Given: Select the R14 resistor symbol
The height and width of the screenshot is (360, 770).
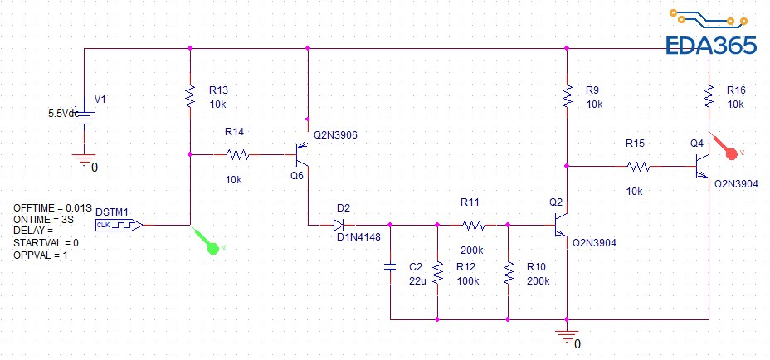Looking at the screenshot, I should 237,153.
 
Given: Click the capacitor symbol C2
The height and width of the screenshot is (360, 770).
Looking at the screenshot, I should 389,267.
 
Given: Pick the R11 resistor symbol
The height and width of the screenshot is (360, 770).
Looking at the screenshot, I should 473,224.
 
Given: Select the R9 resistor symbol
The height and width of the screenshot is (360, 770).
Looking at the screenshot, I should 567,96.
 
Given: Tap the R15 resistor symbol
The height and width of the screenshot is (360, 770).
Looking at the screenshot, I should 637,166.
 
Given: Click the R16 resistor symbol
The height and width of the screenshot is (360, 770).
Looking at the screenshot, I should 709,96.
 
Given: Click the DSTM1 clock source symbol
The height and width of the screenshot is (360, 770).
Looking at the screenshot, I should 118,224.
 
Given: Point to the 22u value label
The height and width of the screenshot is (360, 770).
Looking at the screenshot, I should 418,280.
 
